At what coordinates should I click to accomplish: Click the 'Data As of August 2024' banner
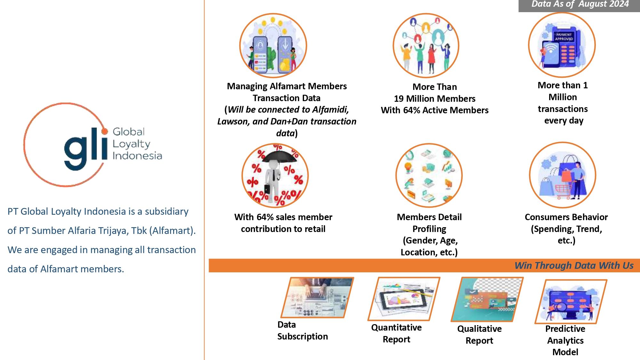(x=580, y=4)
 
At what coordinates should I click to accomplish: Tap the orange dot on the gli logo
(x=105, y=131)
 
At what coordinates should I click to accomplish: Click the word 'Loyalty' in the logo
(x=131, y=144)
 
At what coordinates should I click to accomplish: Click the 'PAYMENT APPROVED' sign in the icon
(x=564, y=36)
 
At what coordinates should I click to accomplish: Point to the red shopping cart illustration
(x=563, y=191)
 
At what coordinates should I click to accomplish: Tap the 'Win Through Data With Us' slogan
(x=574, y=266)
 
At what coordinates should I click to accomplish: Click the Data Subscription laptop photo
(x=317, y=298)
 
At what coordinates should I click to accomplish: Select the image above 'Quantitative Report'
(x=404, y=298)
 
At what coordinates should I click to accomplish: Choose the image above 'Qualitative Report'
(x=487, y=299)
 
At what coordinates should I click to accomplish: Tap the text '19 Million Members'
(x=435, y=99)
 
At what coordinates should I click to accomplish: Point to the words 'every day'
(x=564, y=121)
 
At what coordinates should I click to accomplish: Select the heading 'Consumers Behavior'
(x=566, y=217)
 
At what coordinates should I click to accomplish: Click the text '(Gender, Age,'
(x=430, y=240)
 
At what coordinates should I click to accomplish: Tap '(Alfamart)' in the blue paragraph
(x=172, y=230)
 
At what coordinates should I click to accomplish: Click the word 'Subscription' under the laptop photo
(x=302, y=336)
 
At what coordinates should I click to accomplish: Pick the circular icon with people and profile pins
(x=426, y=45)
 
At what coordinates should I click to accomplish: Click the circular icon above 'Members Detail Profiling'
(x=429, y=175)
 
